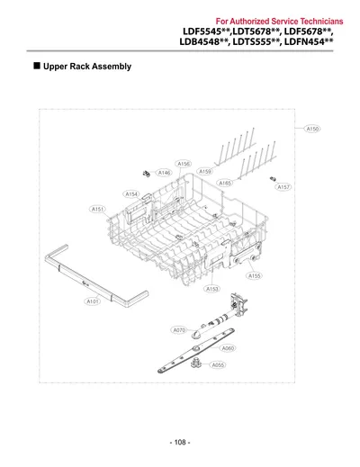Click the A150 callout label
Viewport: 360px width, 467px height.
point(312,129)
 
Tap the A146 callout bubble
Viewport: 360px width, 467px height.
point(164,173)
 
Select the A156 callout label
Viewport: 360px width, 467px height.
point(184,164)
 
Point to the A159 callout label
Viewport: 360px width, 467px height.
point(205,172)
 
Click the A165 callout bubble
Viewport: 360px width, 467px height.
point(225,183)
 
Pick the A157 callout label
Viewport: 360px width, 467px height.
point(283,187)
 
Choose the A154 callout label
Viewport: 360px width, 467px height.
point(131,194)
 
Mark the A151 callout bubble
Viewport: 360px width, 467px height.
point(98,209)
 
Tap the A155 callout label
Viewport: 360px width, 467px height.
point(254,275)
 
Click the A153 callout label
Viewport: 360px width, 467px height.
point(212,289)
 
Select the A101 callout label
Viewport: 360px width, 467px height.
point(92,301)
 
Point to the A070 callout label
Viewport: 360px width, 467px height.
point(179,330)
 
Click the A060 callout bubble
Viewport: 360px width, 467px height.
point(228,348)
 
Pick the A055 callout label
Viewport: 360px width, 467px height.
point(218,365)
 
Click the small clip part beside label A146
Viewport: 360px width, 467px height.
point(147,174)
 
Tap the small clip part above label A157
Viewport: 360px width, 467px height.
point(273,179)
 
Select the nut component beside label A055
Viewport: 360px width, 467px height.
point(195,363)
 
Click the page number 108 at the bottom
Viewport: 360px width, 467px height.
point(180,442)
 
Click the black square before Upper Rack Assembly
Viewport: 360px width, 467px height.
point(37,66)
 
